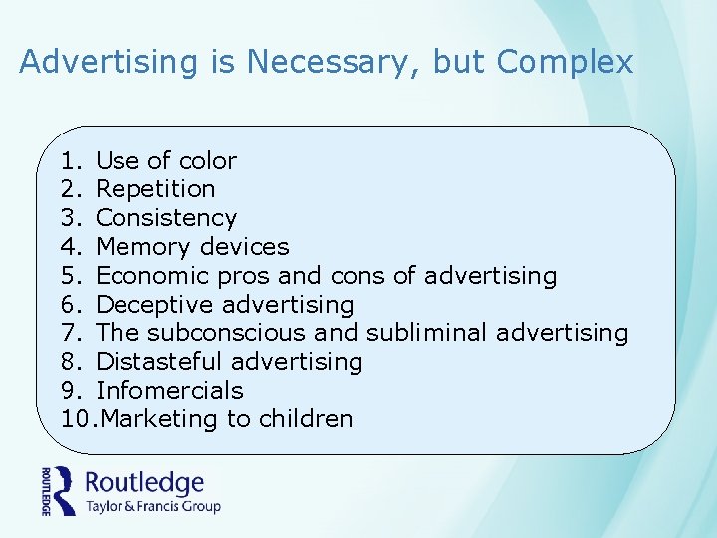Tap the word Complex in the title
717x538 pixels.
click(565, 63)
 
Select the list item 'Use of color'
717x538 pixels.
click(166, 161)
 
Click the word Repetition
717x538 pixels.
click(155, 189)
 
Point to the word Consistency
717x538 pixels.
click(166, 218)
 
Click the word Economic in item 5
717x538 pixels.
click(150, 276)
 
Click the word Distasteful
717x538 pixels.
click(157, 362)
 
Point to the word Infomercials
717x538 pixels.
click(169, 391)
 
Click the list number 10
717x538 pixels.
click(75, 419)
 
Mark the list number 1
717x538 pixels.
click(68, 161)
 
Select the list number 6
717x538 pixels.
click(68, 305)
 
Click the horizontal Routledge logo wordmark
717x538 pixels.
click(144, 484)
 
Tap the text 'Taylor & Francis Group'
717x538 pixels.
click(152, 506)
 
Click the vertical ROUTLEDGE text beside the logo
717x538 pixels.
click(46, 491)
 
